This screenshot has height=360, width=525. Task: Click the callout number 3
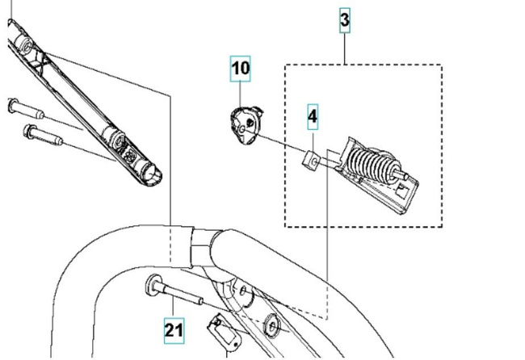[345, 20]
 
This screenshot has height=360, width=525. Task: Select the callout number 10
[241, 68]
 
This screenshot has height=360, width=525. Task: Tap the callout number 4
[313, 116]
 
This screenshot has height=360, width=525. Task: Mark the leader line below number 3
[345, 48]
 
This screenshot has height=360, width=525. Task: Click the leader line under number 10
[241, 92]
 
